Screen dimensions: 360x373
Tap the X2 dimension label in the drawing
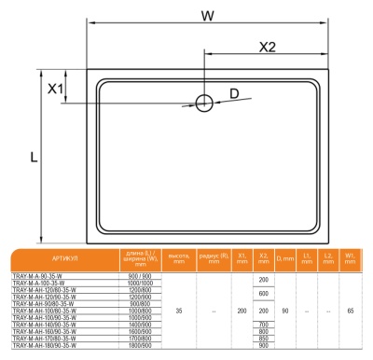tap(267, 47)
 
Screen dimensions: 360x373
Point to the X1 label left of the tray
tap(56, 89)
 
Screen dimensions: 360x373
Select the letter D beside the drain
tap(234, 92)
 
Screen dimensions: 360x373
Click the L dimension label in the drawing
tap(34, 159)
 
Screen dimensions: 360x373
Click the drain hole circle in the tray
tap(204, 103)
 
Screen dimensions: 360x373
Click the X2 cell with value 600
tap(264, 294)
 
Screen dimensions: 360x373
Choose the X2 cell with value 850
tap(264, 338)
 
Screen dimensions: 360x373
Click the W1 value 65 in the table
tap(350, 311)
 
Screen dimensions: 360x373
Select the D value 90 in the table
tap(285, 311)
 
